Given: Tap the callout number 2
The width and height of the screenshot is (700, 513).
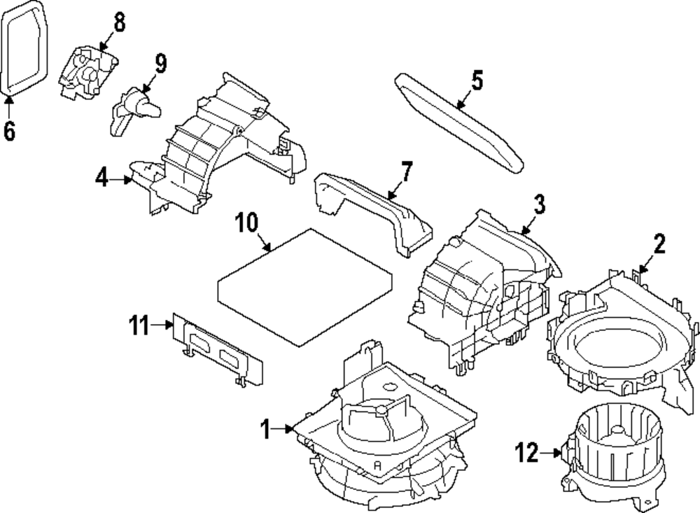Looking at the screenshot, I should coord(659,244).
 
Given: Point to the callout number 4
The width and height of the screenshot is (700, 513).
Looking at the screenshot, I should coord(103,178).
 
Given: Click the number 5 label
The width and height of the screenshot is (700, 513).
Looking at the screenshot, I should coord(477,81).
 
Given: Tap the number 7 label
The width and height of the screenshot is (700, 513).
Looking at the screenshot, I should coord(406,171).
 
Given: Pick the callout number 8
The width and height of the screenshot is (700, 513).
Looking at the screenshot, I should coord(119,22).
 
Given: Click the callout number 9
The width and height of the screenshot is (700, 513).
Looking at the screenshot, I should coord(160,64).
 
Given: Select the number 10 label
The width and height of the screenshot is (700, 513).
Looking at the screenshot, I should coord(246,223).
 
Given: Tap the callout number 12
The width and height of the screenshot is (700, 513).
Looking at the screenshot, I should coord(528,454).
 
